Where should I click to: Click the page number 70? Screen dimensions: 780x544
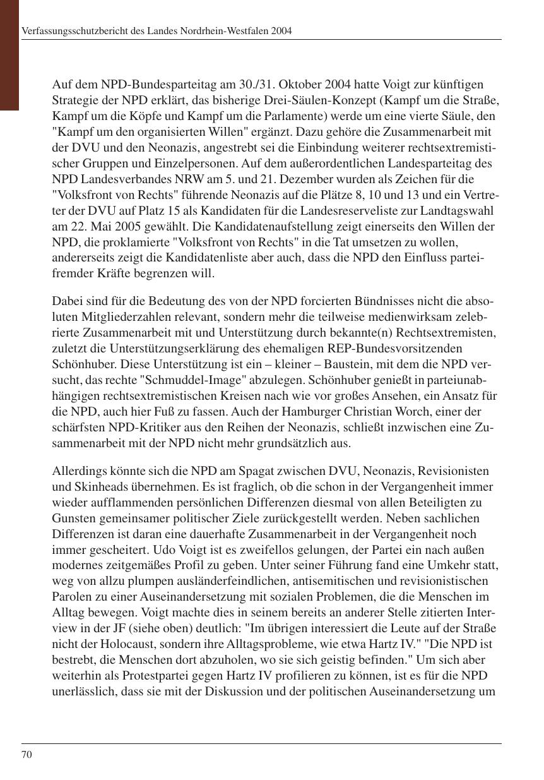tap(27, 754)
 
